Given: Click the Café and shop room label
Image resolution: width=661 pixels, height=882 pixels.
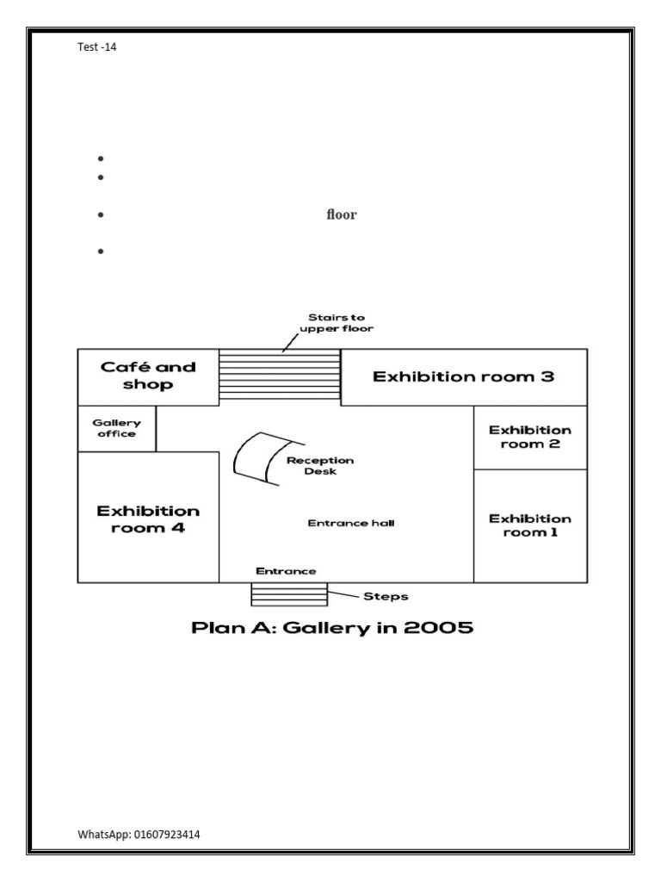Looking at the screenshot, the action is (x=148, y=376).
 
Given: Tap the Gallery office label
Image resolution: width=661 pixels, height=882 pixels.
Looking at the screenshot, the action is (x=116, y=428).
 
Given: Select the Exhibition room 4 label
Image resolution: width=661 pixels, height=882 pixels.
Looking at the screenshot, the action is (x=148, y=519).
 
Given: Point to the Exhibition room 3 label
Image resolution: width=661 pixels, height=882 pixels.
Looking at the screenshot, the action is (x=463, y=376).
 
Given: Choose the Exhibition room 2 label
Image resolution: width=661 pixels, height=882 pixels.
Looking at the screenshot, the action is (x=530, y=437).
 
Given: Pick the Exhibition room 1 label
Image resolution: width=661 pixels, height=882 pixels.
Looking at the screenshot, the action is (x=530, y=525).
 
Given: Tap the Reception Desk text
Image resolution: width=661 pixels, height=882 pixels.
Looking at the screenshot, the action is (x=320, y=466).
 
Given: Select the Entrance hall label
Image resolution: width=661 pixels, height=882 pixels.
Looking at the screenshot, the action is (x=351, y=523).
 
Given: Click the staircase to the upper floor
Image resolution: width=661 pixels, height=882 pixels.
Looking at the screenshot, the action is (x=280, y=375).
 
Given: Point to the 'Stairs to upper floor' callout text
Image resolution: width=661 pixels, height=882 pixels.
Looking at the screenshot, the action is (x=337, y=323).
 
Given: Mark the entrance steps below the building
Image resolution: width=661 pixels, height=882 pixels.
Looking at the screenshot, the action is (x=289, y=594).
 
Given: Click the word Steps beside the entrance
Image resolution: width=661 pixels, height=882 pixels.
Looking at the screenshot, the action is (x=386, y=596).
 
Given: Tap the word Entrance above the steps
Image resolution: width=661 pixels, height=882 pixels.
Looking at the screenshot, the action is (x=286, y=571).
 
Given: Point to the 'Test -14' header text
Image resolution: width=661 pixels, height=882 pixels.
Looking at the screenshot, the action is (x=96, y=47).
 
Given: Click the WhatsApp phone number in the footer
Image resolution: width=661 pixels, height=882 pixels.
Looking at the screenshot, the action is (x=166, y=834).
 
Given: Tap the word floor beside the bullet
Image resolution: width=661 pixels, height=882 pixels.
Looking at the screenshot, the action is (x=341, y=214).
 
